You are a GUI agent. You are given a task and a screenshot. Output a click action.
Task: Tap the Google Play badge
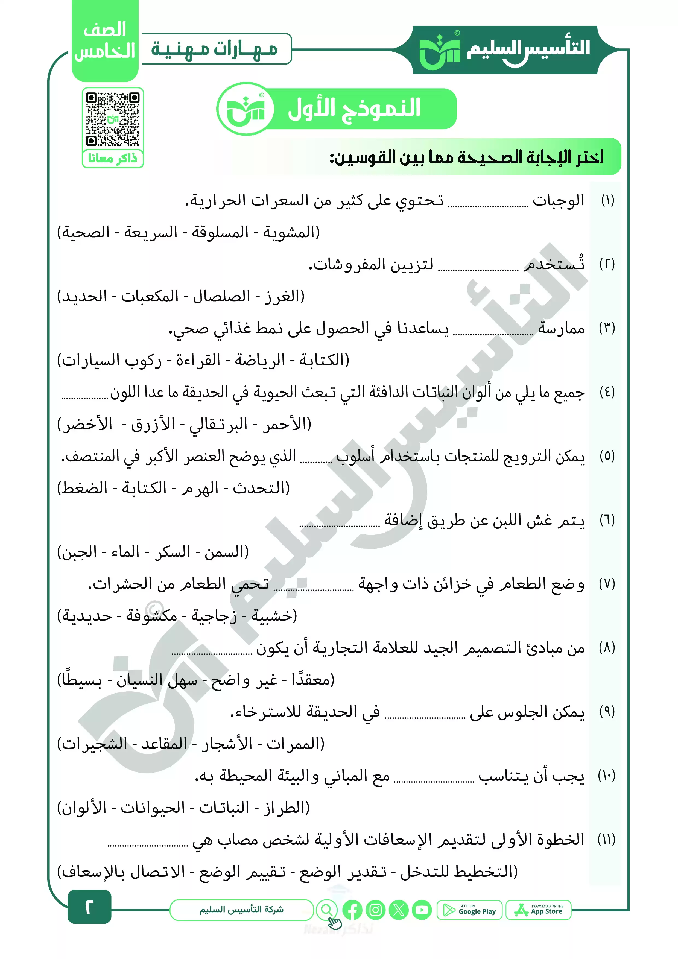click(470, 910)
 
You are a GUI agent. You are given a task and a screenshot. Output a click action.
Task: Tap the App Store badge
click(539, 910)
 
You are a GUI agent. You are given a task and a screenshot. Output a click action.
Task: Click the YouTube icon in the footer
click(422, 910)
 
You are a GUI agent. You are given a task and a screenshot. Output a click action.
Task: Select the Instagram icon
click(376, 910)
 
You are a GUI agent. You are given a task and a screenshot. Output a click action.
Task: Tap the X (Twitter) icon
click(399, 910)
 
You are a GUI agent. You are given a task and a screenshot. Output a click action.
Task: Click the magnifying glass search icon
click(327, 909)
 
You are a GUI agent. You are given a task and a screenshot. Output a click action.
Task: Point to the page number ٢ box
click(89, 907)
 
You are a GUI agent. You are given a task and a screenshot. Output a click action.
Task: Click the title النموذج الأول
click(354, 109)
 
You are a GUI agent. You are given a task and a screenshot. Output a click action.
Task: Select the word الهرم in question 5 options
click(200, 488)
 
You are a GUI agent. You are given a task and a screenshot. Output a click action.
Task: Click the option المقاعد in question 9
click(164, 744)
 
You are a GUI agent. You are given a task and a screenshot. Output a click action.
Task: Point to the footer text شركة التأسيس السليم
click(241, 909)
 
